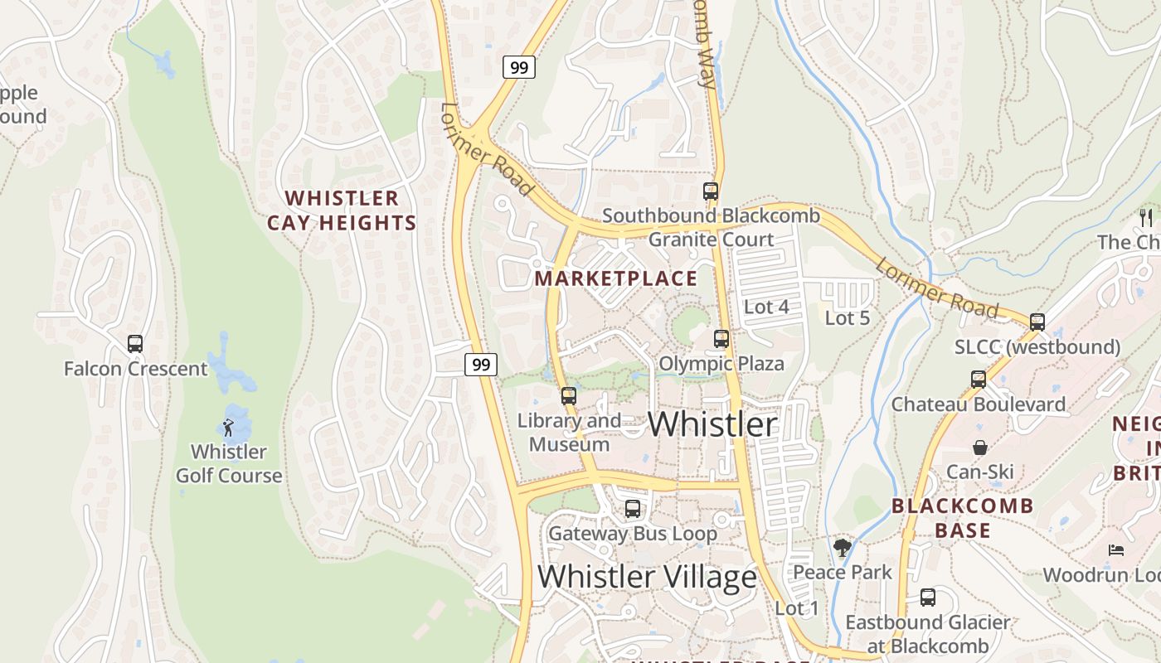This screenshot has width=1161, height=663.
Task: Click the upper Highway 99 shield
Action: [x=519, y=67]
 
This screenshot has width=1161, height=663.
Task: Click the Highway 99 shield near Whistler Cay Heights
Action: [x=481, y=363]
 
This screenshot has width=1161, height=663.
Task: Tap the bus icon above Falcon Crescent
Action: [x=135, y=343]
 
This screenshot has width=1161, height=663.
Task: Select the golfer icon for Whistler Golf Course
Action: [x=228, y=428]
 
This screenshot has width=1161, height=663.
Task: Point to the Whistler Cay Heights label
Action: [x=342, y=211]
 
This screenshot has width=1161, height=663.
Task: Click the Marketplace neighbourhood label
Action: [x=616, y=278]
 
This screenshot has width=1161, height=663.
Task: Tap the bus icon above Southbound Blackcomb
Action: [x=711, y=191]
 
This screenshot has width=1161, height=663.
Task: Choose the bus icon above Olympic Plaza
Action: [x=721, y=338]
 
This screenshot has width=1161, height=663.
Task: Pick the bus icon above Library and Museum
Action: [x=568, y=395]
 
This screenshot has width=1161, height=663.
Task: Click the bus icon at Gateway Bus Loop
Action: [x=633, y=508]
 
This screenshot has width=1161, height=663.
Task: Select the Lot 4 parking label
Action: [x=766, y=307]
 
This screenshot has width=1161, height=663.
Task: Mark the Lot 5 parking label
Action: [x=847, y=317]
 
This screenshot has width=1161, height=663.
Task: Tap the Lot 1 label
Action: [x=797, y=608]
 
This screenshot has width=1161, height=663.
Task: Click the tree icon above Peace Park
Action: [x=843, y=547]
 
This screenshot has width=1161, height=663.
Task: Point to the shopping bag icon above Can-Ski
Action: [x=980, y=448]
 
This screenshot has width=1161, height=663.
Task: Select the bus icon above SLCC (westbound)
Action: [x=1037, y=322]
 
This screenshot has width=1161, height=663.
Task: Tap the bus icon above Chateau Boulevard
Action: [x=979, y=380]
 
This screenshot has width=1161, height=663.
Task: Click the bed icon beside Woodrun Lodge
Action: [x=1116, y=550]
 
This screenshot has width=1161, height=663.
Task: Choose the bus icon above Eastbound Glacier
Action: [x=928, y=597]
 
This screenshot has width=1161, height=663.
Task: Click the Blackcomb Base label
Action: [x=963, y=518]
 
